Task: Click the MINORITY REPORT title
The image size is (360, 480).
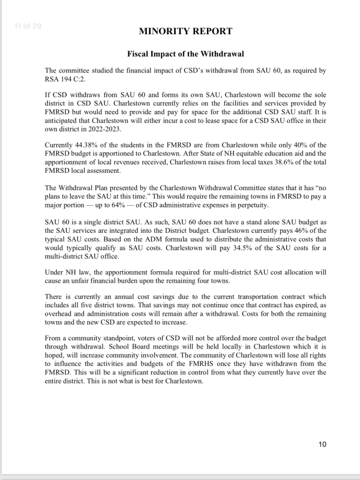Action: coord(185,31)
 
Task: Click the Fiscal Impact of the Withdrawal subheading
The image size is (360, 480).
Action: coord(185,54)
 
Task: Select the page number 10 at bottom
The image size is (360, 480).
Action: coord(322,445)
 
